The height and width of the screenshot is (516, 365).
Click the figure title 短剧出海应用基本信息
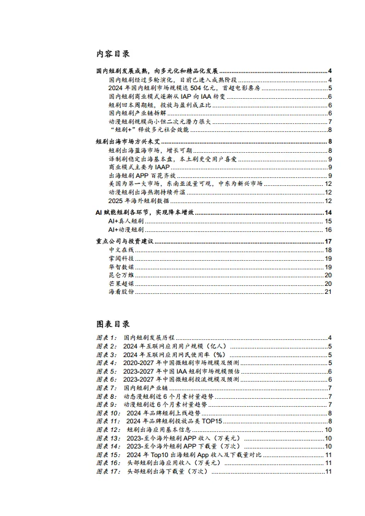coord(156,429)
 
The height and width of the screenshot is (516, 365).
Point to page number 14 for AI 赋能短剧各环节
coord(328,212)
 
